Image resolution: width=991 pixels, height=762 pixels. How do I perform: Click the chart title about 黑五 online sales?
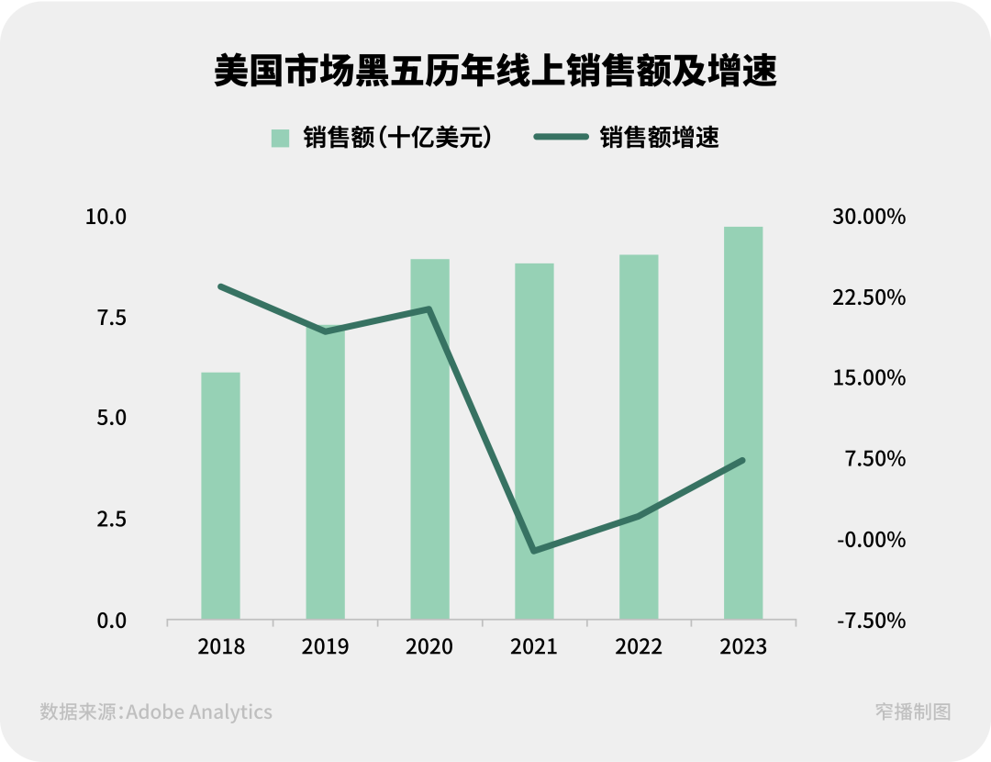pyautogui.click(x=495, y=72)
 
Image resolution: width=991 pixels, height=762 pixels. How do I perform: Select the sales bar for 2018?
pyautogui.click(x=220, y=496)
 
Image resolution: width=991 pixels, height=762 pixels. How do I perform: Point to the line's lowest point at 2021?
pyautogui.click(x=534, y=551)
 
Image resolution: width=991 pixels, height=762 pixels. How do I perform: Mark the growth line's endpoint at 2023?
pyautogui.click(x=742, y=460)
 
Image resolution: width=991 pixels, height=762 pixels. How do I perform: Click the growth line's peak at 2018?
pyautogui.click(x=220, y=286)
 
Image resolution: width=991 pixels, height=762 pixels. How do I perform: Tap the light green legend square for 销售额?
pyautogui.click(x=280, y=138)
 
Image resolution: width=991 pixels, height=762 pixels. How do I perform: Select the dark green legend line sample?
pyautogui.click(x=561, y=138)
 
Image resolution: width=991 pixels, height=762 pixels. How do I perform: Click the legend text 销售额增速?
pyautogui.click(x=659, y=138)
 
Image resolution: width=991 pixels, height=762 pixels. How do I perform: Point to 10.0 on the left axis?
pyautogui.click(x=106, y=217)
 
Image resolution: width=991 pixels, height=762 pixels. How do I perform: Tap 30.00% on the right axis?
pyautogui.click(x=870, y=217)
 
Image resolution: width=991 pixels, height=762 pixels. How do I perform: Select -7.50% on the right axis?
pyautogui.click(x=870, y=621)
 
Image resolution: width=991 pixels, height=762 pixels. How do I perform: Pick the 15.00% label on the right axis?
pyautogui.click(x=870, y=378)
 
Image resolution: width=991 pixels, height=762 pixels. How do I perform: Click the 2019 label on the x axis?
pyautogui.click(x=325, y=646)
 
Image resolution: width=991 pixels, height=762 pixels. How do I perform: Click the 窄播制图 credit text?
pyautogui.click(x=912, y=712)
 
